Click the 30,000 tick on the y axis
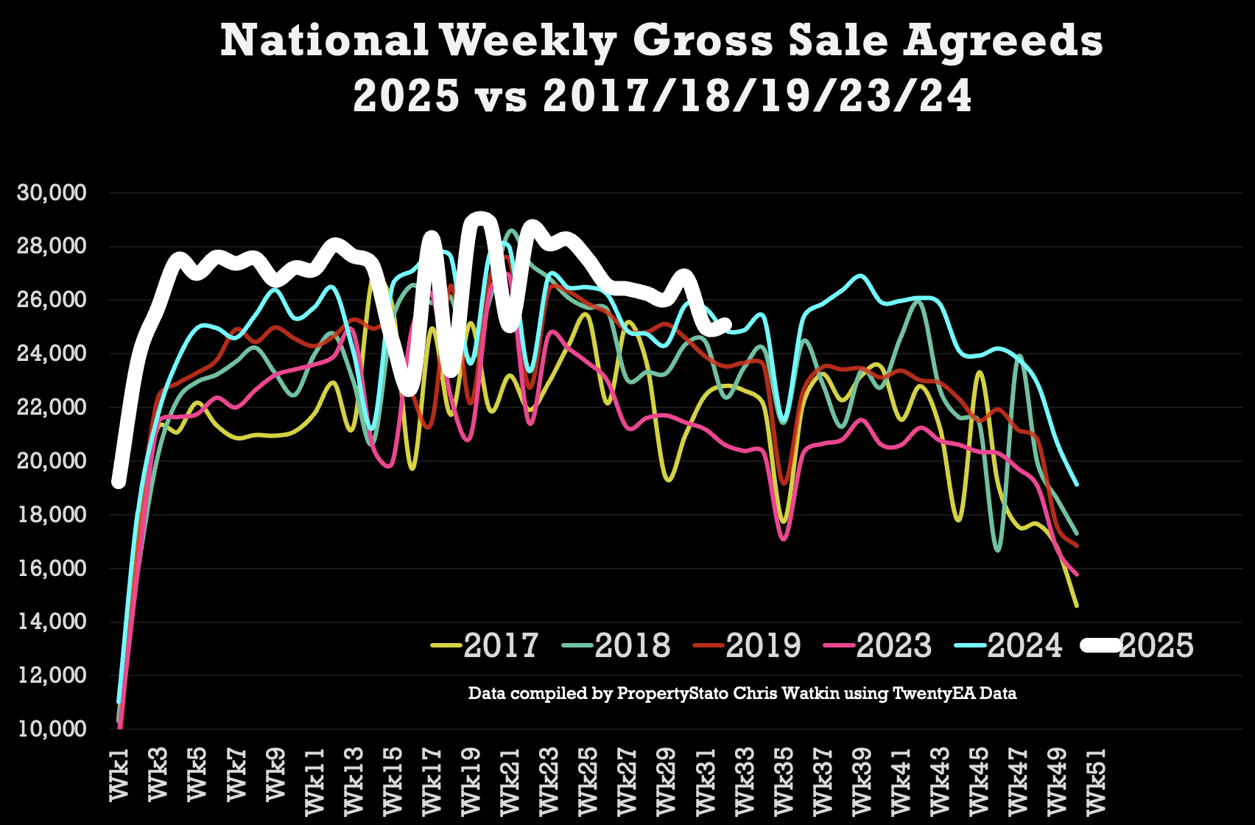[x=52, y=193]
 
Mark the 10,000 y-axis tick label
[x=52, y=729]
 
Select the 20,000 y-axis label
[x=52, y=461]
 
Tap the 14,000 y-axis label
[x=52, y=622]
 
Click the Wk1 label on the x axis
[x=119, y=773]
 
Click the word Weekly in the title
[x=528, y=42]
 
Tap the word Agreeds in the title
[x=1003, y=42]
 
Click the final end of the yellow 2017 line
[x=1077, y=605]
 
